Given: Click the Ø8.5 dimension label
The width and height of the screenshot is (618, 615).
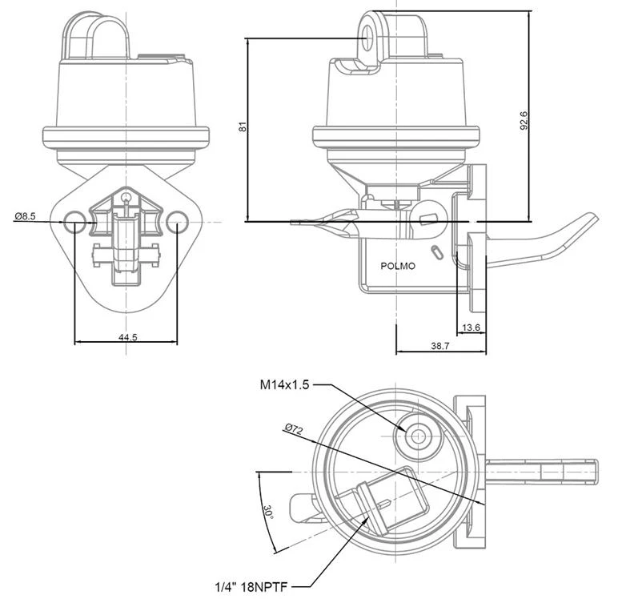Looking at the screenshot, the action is [x=26, y=216].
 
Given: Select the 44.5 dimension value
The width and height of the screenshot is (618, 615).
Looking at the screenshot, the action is [x=128, y=337].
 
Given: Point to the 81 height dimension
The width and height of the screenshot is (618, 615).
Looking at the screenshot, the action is [x=243, y=127].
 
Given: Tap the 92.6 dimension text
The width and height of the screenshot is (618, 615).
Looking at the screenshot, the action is [x=524, y=121].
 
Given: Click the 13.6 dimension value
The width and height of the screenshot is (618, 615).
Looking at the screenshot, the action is [x=472, y=328].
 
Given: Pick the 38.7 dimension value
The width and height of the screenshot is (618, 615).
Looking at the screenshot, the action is [x=439, y=346].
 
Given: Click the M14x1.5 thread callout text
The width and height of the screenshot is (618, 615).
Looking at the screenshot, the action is [x=284, y=384].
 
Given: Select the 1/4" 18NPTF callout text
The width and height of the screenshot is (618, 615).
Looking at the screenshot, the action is [x=251, y=587].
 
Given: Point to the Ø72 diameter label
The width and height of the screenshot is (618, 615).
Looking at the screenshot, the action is [x=294, y=428].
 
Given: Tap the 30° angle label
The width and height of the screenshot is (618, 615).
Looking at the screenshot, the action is [x=268, y=512].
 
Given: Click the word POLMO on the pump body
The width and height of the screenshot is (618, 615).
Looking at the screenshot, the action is [x=398, y=266].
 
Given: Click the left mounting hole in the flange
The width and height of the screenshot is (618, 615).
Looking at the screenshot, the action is [x=75, y=222].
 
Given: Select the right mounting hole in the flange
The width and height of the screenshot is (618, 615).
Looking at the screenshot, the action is [x=177, y=222].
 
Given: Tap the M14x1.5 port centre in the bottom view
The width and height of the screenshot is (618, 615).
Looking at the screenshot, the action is [x=418, y=436].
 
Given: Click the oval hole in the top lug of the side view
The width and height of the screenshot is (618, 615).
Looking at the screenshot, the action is [x=367, y=38].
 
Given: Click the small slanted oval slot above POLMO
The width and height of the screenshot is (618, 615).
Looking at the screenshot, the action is [x=437, y=252].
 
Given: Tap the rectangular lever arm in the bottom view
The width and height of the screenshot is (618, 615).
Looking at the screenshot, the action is [x=542, y=472].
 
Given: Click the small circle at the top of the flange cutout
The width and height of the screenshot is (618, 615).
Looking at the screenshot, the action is [x=126, y=197].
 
